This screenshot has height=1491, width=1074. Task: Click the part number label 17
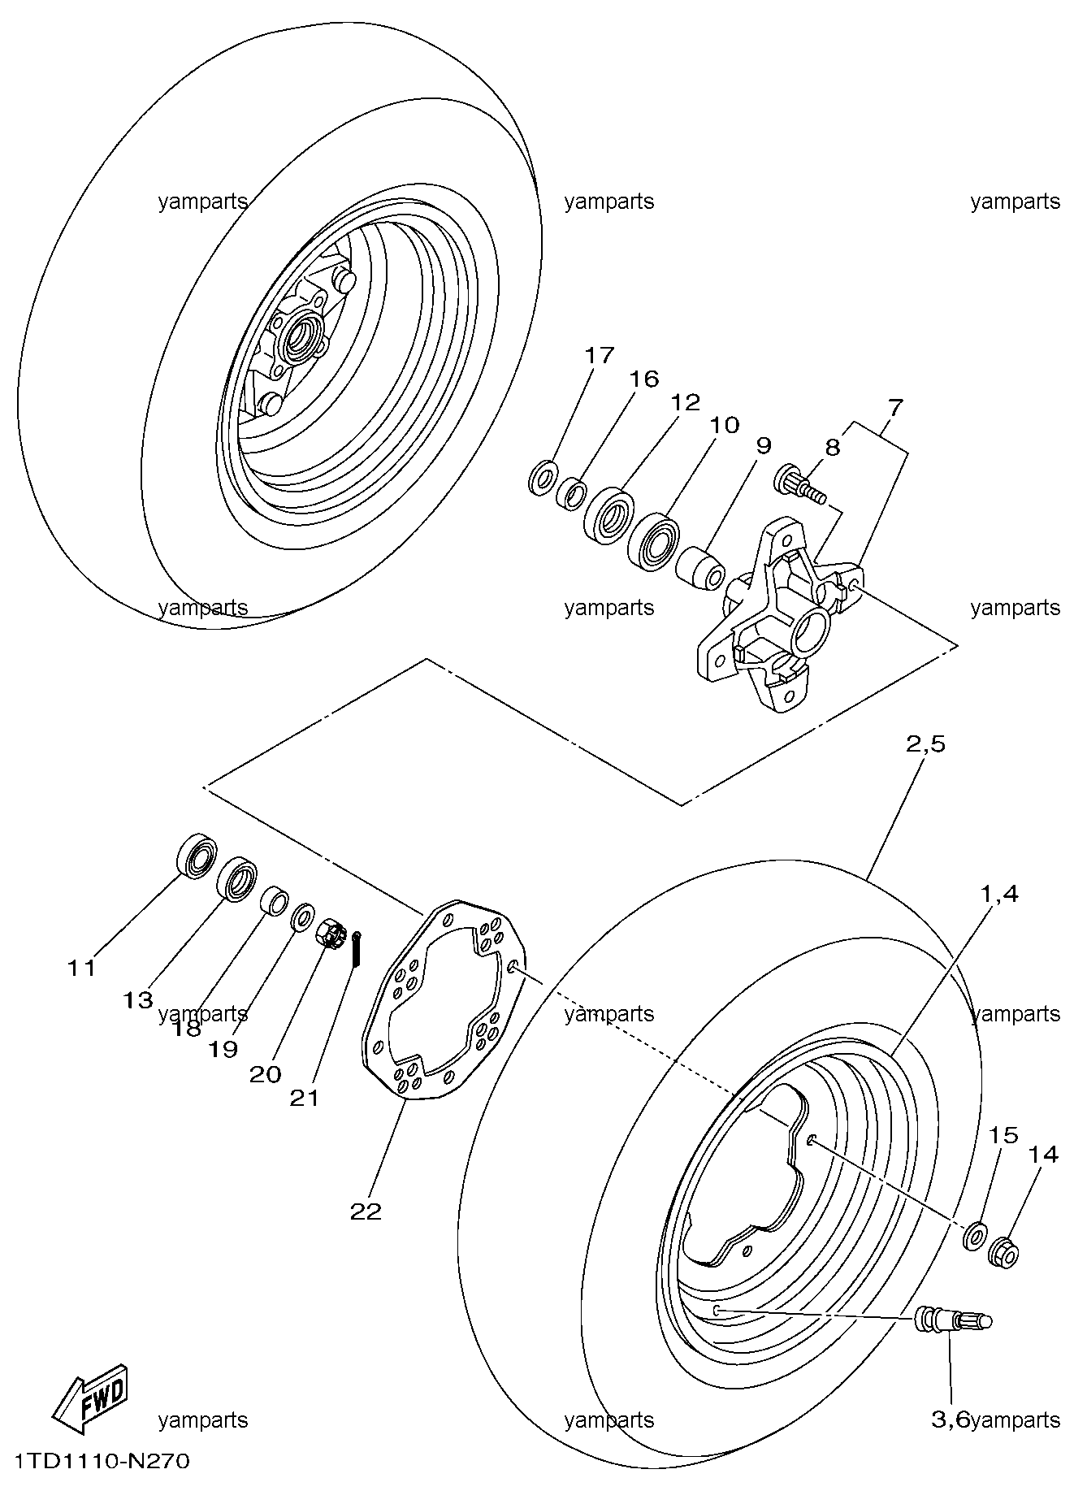coord(599,356)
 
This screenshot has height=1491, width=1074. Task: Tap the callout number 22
coord(366,1211)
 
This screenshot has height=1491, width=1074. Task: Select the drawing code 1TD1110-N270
coord(96,1462)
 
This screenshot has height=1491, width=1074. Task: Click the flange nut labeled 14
coord(1003,1252)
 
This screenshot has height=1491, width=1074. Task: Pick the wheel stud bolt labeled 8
coord(800,483)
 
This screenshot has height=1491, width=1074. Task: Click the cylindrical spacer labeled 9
coord(699,566)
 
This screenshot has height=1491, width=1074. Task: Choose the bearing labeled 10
coord(654,540)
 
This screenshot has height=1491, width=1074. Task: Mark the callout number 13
coord(138,1000)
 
